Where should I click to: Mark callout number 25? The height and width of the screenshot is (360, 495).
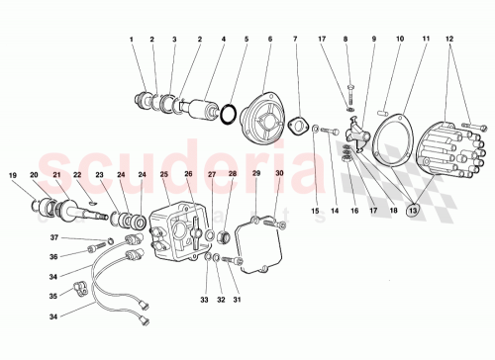click(164, 175)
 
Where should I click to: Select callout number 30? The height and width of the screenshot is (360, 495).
click(280, 175)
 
